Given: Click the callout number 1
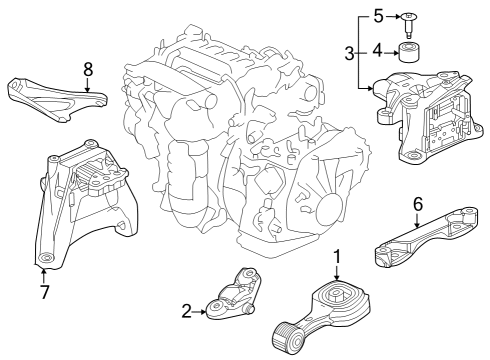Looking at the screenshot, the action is point(337,257).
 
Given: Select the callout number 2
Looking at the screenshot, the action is point(187,312).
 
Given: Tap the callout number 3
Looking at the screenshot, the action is point(349,53).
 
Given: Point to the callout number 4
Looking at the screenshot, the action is point(377,51).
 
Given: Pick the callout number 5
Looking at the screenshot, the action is point(378,16).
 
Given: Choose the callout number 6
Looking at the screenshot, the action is point(418,204).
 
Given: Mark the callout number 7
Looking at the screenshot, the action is point(44,292).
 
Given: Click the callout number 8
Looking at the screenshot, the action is point(88,70).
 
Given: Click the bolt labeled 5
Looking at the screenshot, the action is point(409,25).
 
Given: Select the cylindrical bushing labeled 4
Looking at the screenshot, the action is point(409,52).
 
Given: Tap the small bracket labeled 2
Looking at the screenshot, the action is point(233,294).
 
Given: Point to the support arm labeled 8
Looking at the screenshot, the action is point(57,99).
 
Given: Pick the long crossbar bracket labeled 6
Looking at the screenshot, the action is point(426,237).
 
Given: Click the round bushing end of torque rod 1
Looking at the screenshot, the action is point(288,338).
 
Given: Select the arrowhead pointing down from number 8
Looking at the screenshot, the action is point(87,89).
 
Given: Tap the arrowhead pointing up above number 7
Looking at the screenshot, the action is point(43,271).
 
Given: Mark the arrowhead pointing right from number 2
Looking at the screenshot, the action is point(204,312).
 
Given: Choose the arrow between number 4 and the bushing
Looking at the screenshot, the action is point(391,53).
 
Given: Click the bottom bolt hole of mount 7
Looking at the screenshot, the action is point(46,258).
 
